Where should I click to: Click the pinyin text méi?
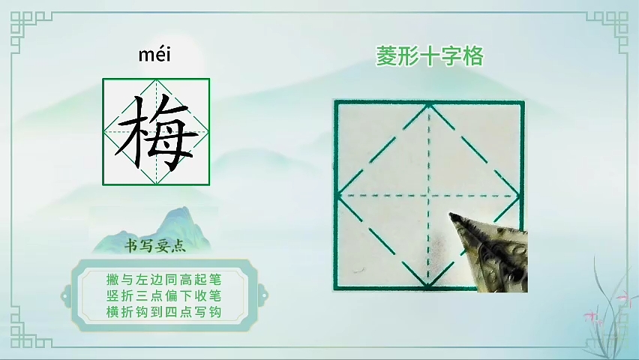tap(154, 55)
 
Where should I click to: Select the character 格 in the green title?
tap(472, 55)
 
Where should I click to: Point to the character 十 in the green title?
tap(430, 55)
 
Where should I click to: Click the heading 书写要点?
tap(154, 246)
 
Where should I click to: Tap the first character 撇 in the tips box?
tap(113, 280)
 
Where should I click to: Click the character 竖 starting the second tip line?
tap(113, 295)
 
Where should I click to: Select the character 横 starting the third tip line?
tap(113, 312)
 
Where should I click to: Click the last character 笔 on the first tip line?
tap(214, 280)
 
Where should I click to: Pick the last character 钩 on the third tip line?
tap(214, 312)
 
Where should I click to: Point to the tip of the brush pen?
tap(451, 214)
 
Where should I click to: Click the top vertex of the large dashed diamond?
tap(429, 106)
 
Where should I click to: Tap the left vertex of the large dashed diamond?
tap(339, 196)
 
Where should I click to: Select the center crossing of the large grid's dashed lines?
tap(428, 196)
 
